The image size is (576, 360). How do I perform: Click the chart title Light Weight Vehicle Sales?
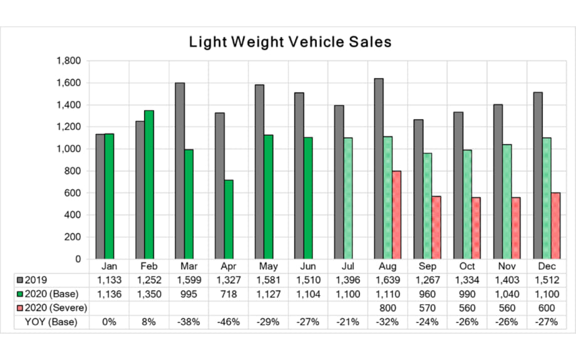coord(290,43)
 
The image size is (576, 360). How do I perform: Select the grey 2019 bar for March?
coord(180,170)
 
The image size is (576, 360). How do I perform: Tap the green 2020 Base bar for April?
coord(229,219)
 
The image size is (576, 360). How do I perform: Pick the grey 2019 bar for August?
coord(379,168)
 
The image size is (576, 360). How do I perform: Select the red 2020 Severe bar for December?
coord(556,225)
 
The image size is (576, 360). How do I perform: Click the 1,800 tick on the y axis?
coord(68,61)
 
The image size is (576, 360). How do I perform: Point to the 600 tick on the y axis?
coord(73,193)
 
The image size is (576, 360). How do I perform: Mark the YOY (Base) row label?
coord(51,321)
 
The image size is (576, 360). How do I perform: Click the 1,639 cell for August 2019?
coord(388,279)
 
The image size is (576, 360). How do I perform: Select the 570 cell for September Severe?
coord(427,307)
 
